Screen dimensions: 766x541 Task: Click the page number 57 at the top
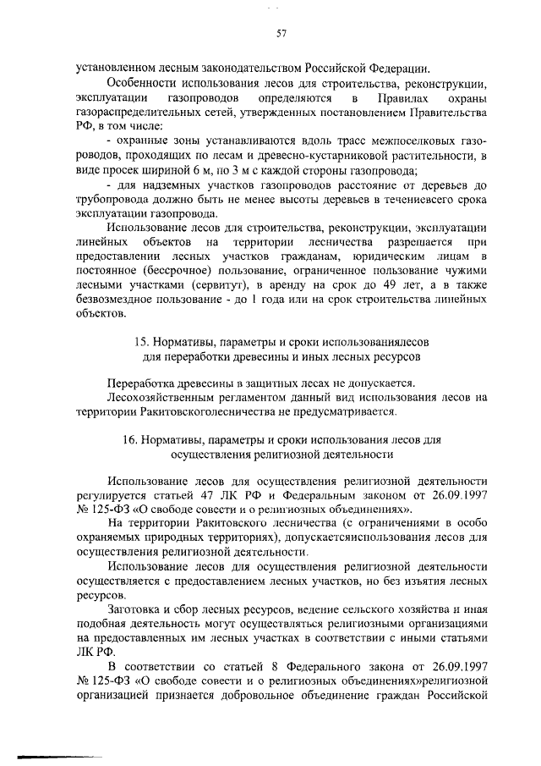point(281,34)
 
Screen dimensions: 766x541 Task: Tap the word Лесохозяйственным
point(157,396)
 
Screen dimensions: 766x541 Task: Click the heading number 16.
point(131,440)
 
